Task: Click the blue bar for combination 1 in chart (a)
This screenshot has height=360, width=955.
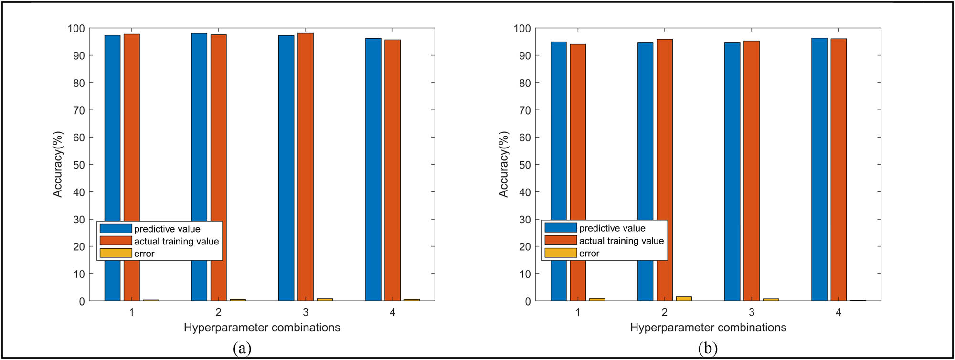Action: [113, 143]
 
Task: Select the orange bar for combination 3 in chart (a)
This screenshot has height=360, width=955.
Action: [306, 143]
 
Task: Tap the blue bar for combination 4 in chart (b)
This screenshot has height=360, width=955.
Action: [819, 143]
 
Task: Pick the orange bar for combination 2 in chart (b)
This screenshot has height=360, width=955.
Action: [665, 143]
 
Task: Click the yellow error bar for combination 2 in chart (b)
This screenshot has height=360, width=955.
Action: [684, 299]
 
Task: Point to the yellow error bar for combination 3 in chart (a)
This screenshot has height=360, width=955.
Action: [325, 300]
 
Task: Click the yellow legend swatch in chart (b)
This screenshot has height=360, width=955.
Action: [561, 253]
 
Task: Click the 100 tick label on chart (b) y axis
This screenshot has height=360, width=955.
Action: [522, 29]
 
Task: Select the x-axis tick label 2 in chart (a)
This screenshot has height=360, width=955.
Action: [219, 312]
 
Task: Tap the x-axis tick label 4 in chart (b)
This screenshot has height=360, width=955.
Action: [838, 312]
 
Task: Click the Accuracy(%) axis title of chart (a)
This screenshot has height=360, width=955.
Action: [58, 164]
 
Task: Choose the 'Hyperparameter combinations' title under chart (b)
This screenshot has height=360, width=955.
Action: [708, 328]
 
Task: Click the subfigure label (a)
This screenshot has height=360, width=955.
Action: [242, 348]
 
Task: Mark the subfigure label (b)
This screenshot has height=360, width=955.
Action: [708, 348]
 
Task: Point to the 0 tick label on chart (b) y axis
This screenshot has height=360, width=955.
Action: [527, 301]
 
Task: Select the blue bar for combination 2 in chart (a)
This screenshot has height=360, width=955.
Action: [200, 143]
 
